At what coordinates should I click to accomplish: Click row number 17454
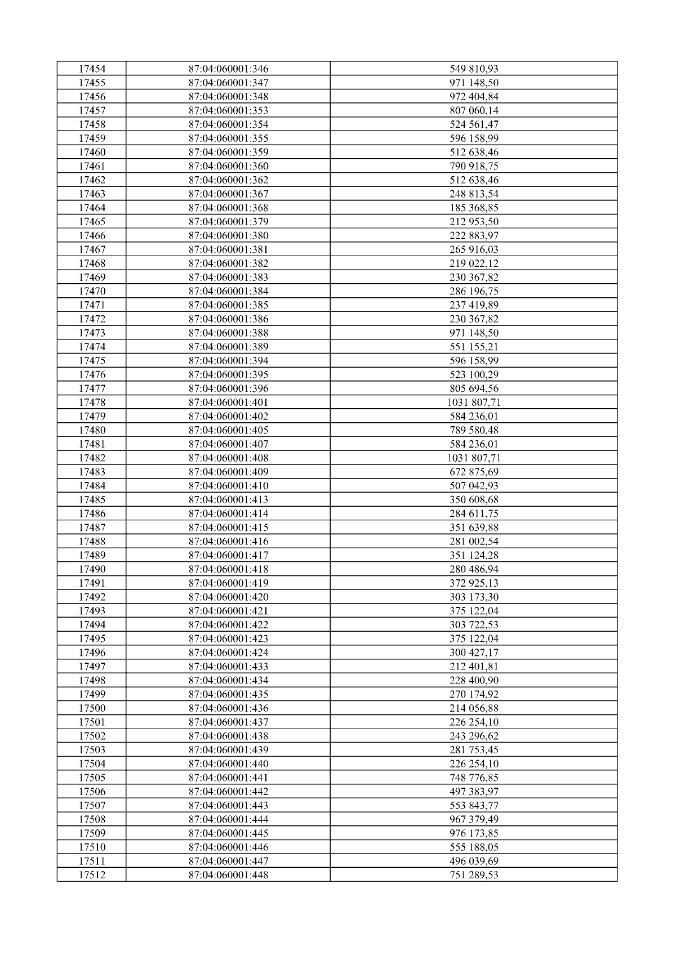point(92,69)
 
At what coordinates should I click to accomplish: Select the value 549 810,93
point(474,69)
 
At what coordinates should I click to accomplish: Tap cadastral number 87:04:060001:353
point(228,111)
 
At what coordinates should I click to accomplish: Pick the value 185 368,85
point(474,208)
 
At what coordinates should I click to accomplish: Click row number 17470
point(92,291)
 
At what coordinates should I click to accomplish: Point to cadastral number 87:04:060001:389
point(228,347)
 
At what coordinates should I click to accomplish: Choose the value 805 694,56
point(474,388)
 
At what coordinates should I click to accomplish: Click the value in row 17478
point(474,403)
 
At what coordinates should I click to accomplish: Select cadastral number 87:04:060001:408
point(228,458)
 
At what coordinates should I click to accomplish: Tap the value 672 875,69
point(474,472)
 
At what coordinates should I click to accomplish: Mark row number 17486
point(92,513)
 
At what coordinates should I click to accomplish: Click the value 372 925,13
point(474,583)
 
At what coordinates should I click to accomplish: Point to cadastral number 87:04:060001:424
point(228,653)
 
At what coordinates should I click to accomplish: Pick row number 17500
point(92,708)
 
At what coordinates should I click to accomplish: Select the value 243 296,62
point(474,736)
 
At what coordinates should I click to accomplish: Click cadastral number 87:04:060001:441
point(228,778)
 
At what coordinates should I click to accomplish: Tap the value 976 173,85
point(474,833)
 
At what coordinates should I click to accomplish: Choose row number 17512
point(92,875)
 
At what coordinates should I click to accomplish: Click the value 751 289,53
point(474,875)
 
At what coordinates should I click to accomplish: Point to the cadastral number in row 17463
point(228,194)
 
